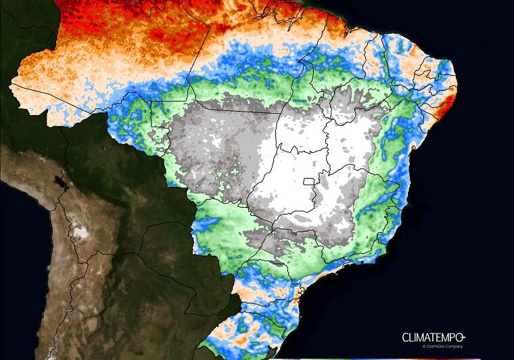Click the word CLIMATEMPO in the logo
click(x=432, y=337)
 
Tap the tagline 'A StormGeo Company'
click(x=443, y=346)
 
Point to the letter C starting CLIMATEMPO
click(x=406, y=337)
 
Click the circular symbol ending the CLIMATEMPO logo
click(x=465, y=336)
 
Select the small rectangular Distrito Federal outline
click(x=309, y=181)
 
